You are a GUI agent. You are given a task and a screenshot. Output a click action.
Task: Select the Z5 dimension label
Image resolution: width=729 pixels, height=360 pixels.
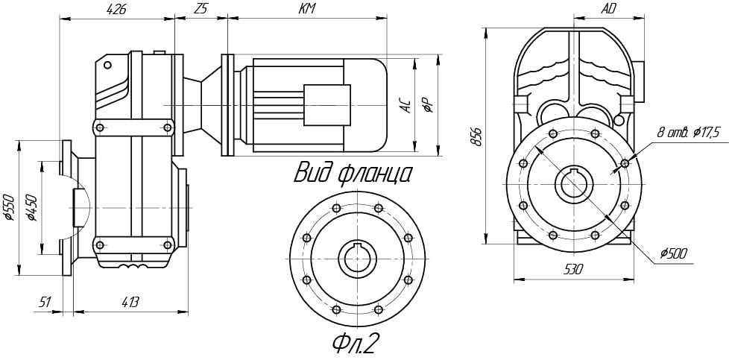tap(200, 10)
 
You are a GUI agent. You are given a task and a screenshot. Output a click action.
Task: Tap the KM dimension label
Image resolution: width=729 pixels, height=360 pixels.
tap(306, 10)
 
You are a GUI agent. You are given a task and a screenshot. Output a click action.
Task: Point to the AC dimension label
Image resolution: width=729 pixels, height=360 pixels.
tap(406, 105)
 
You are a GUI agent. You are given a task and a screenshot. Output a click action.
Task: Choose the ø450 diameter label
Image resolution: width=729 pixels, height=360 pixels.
tap(31, 208)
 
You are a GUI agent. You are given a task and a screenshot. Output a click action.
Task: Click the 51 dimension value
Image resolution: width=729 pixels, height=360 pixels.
tap(45, 302)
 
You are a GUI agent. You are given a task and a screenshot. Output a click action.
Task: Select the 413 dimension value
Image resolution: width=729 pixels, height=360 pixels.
tap(130, 302)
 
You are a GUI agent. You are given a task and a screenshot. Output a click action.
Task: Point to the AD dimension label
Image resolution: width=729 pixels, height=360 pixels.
tap(608, 10)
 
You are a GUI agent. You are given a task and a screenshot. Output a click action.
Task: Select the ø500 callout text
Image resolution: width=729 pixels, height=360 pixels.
tap(672, 254)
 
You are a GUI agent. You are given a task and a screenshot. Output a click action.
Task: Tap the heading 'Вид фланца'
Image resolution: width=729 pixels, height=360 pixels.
tap(353, 173)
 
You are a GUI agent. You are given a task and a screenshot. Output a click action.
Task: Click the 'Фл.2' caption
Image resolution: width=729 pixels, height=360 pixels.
tap(356, 344)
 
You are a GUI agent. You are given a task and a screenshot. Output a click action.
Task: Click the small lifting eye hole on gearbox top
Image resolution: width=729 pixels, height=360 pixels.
tap(108, 66)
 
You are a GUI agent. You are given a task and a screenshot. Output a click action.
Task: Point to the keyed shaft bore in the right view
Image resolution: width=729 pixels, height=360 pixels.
tap(573, 183)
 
